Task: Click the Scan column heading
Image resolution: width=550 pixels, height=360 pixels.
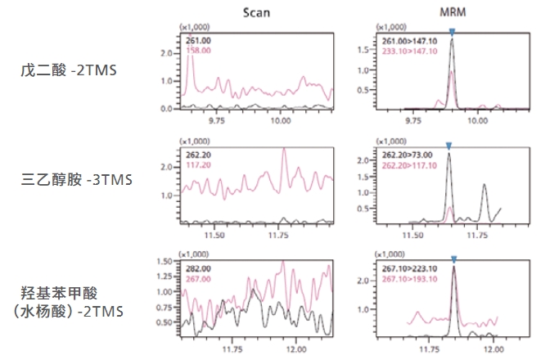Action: click(255, 11)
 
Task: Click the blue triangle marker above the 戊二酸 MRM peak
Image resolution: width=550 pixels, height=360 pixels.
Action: click(452, 32)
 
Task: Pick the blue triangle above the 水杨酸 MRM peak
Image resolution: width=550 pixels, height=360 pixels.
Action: click(453, 259)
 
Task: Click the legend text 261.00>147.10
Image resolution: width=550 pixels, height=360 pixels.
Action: click(409, 39)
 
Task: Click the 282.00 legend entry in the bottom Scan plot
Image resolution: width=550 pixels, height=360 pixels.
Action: click(199, 267)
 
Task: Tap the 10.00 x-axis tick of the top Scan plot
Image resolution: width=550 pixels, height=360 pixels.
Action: click(282, 120)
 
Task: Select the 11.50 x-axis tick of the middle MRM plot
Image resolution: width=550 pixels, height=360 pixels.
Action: click(416, 234)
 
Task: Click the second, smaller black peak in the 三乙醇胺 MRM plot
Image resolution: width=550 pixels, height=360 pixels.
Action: click(485, 186)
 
